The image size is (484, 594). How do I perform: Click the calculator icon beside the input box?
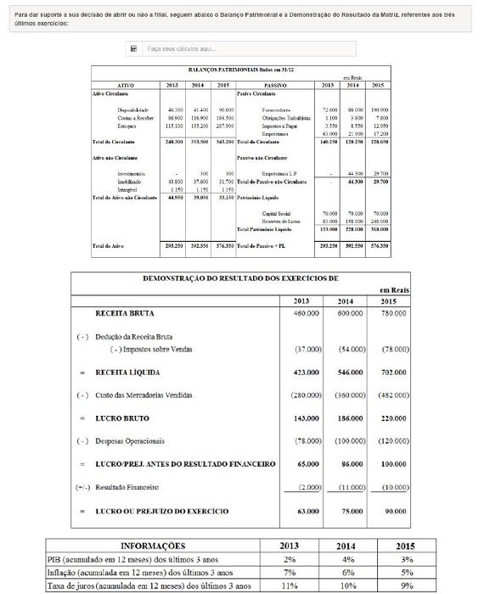click(x=133, y=49)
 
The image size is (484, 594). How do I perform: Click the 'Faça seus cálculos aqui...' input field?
click(x=246, y=49)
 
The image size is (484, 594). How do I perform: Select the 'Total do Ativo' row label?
click(x=110, y=246)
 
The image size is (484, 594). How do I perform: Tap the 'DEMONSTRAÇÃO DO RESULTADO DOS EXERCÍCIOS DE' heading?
click(x=239, y=278)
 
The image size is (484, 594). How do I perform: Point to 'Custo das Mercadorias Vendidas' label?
click(x=144, y=395)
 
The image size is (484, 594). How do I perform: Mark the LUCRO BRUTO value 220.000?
click(x=392, y=418)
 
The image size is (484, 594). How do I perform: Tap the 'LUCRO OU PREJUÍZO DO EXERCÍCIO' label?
click(x=161, y=512)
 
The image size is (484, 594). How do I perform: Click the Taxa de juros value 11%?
click(x=290, y=586)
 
